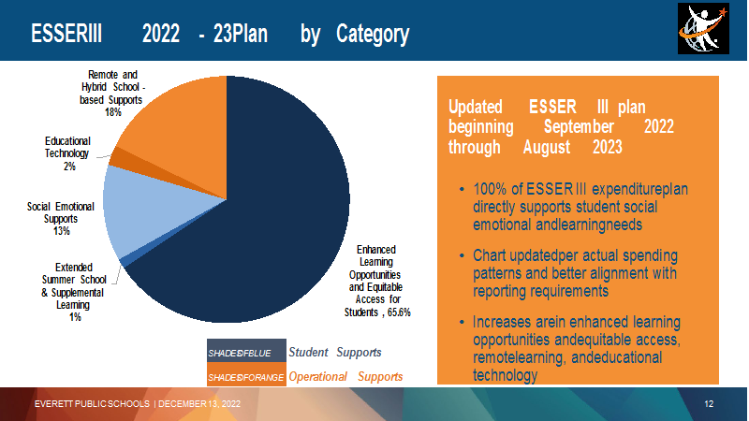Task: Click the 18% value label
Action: tap(113, 112)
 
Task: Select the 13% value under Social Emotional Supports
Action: tap(62, 231)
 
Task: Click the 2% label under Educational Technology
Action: tap(69, 167)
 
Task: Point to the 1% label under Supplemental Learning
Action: tap(75, 317)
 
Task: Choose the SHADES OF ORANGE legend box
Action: tap(246, 375)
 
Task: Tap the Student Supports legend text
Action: tap(335, 353)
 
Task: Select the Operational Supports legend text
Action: tap(345, 377)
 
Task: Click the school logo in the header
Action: tap(703, 29)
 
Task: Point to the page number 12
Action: tap(709, 404)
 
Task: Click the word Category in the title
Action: tap(373, 35)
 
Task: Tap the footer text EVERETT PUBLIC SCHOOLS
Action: tap(92, 404)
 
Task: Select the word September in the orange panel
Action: tap(579, 127)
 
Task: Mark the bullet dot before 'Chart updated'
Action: tap(462, 255)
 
